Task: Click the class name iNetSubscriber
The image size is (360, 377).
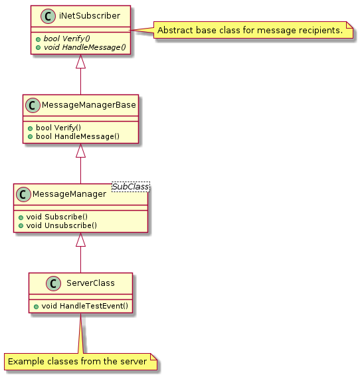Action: pyautogui.click(x=90, y=16)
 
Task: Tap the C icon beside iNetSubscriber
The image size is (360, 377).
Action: pyautogui.click(x=48, y=16)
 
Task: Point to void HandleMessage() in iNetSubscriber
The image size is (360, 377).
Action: pyautogui.click(x=84, y=47)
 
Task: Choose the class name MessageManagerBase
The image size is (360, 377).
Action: pyautogui.click(x=88, y=105)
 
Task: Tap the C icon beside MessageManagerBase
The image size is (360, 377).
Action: pyautogui.click(x=33, y=105)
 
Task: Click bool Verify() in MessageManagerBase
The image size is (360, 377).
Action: pyautogui.click(x=58, y=128)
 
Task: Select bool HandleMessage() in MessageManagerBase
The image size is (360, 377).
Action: pyautogui.click(x=78, y=136)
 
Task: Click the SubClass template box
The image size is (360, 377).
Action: pyautogui.click(x=131, y=187)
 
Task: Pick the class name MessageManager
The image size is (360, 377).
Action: pyautogui.click(x=69, y=194)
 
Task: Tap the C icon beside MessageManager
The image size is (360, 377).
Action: pyautogui.click(x=23, y=194)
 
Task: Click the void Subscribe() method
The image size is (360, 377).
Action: pyautogui.click(x=57, y=217)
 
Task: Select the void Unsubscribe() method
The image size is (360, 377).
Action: pyautogui.click(x=62, y=225)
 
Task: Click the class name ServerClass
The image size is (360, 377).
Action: pyautogui.click(x=90, y=283)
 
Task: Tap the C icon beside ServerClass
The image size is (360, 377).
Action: pyautogui.click(x=53, y=283)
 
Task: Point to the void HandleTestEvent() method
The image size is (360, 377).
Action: pyautogui.click(x=85, y=306)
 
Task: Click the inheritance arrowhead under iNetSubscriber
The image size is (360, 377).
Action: pyautogui.click(x=80, y=61)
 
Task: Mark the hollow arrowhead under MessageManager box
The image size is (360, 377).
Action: pyautogui.click(x=80, y=239)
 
